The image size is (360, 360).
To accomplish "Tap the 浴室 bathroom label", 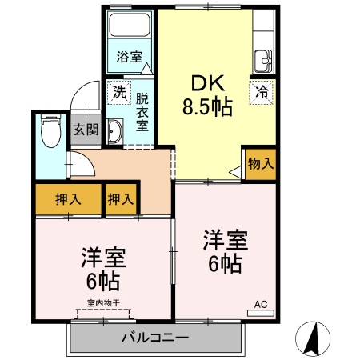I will pyautogui.click(x=130, y=58).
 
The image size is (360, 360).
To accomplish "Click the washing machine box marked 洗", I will pyautogui.click(x=118, y=92).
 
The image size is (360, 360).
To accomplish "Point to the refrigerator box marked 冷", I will pyautogui.click(x=261, y=91).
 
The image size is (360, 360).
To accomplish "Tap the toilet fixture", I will pyautogui.click(x=50, y=132).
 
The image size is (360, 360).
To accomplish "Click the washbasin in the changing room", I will pyautogui.click(x=114, y=133).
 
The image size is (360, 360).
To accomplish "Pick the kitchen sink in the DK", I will pyautogui.click(x=263, y=60).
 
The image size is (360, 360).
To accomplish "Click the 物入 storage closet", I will pyautogui.click(x=261, y=163).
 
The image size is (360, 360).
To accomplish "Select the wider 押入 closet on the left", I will pyautogui.click(x=68, y=200).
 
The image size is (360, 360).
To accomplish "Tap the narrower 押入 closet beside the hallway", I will pyautogui.click(x=121, y=200).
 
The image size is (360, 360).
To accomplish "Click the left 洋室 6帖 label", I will pyautogui.click(x=101, y=270).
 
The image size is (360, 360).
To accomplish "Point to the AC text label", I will pyautogui.click(x=261, y=303).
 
